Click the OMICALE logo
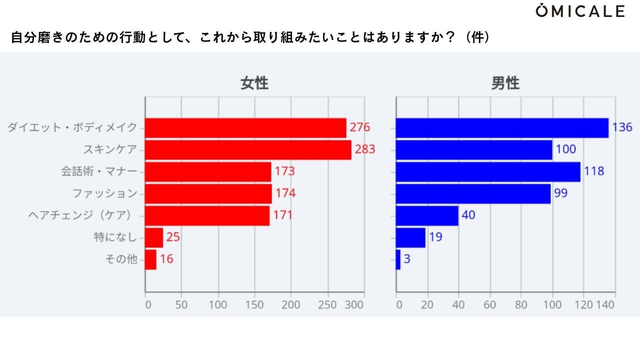point(580,11)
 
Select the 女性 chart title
point(254,83)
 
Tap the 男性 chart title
point(505,83)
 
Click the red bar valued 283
point(248,149)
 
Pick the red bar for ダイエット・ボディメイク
point(245,128)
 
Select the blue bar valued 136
point(502,128)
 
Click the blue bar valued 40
point(427,215)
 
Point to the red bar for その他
point(150,259)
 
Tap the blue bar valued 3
point(398,259)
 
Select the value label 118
point(594,171)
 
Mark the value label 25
point(173,237)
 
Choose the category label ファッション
point(104,193)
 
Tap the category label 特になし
point(115,237)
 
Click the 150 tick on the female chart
point(254,304)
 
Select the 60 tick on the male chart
point(489,304)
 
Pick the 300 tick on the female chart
point(355,304)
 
